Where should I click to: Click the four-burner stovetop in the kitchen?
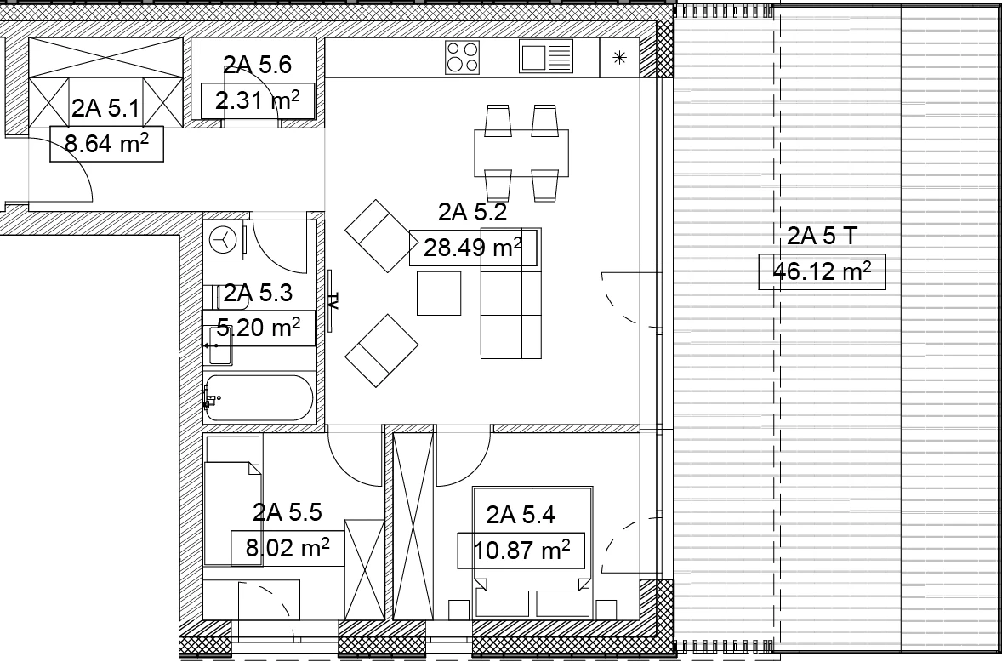(x=462, y=57)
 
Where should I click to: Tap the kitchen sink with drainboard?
(x=546, y=56)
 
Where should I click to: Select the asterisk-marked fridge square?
(x=619, y=58)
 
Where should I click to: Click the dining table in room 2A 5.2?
(x=521, y=152)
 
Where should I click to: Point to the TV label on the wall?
(x=333, y=300)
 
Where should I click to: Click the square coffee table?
(x=439, y=294)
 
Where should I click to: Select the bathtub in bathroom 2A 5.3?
(x=259, y=397)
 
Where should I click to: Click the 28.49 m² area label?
(x=473, y=248)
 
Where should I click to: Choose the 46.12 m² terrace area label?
(x=822, y=271)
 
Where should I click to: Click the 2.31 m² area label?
(x=258, y=100)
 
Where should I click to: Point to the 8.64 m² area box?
(x=106, y=144)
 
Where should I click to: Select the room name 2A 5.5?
(x=287, y=512)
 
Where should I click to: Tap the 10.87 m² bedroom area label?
(x=521, y=550)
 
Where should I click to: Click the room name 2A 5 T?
(x=822, y=236)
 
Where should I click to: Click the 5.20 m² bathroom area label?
(x=259, y=328)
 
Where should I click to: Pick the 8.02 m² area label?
(x=288, y=548)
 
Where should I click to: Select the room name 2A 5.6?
(x=258, y=65)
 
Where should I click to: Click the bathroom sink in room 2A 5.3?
(x=219, y=345)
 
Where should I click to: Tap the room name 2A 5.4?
(x=521, y=515)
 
